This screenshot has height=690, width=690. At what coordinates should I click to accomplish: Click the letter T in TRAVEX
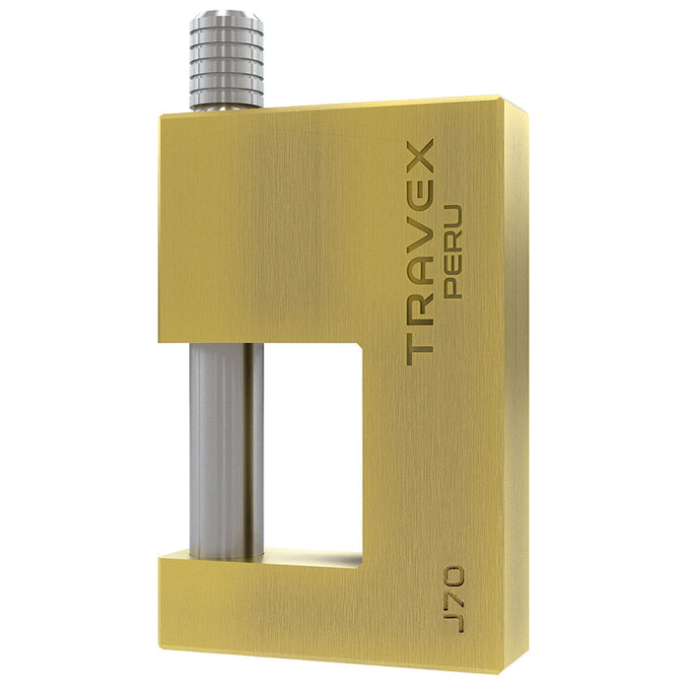tap(421, 347)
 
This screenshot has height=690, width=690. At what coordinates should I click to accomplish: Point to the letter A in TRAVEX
tap(421, 274)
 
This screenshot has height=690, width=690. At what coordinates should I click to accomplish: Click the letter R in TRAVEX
tap(421, 311)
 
